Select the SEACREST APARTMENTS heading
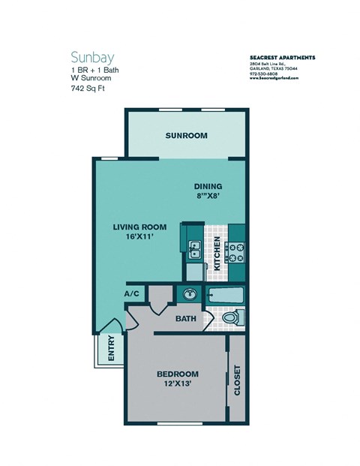(281, 57)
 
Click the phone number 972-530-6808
(265, 74)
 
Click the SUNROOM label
(186, 136)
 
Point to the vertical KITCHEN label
(217, 254)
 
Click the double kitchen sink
(193, 248)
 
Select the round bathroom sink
(188, 294)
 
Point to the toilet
(231, 318)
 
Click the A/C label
(132, 294)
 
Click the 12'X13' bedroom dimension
(177, 385)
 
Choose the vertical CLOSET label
(237, 380)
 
